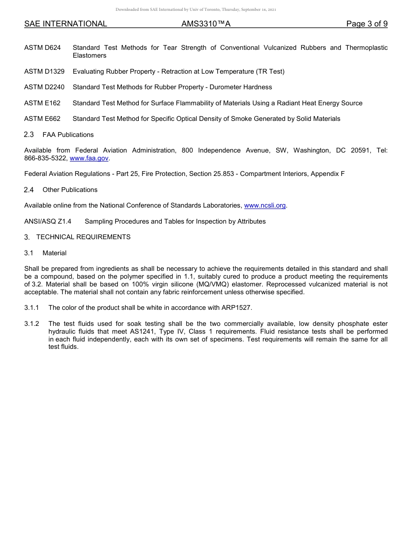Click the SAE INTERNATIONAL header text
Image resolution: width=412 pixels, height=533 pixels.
(x=65, y=24)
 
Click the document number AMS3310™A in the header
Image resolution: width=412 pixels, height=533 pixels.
(x=206, y=24)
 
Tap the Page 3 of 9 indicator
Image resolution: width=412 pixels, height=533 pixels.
(x=366, y=24)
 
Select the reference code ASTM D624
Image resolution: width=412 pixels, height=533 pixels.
(x=43, y=48)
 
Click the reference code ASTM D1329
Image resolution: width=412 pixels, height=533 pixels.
(x=44, y=71)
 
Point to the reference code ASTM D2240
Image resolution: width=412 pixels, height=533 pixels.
(x=44, y=87)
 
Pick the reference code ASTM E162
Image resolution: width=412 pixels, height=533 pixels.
(x=43, y=103)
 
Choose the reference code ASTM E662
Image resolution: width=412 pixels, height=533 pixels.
(x=43, y=119)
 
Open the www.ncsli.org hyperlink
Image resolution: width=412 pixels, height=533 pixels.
(x=265, y=205)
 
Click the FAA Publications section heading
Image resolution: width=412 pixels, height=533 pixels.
(x=68, y=135)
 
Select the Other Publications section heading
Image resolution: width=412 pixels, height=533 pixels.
(x=70, y=190)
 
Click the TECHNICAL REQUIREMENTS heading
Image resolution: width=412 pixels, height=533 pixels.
(x=83, y=237)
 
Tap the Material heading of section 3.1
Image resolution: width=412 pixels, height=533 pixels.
(x=54, y=253)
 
